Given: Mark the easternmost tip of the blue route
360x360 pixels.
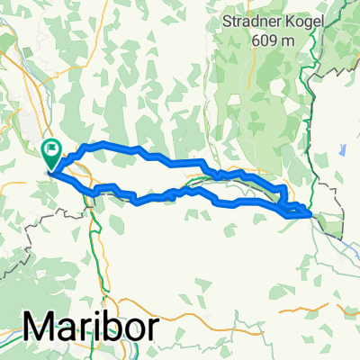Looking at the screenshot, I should coord(311,214).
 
